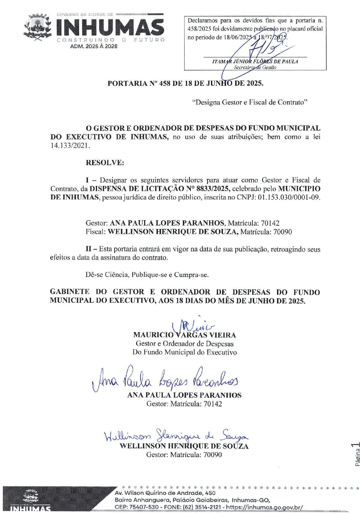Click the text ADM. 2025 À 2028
click(94, 46)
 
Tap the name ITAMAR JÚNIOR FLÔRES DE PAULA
click(255, 61)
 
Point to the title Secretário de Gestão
click(255, 67)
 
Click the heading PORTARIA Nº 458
click(185, 83)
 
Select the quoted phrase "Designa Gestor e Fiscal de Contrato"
click(250, 102)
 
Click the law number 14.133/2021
click(70, 146)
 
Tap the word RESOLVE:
click(105, 163)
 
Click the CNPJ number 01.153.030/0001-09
click(289, 197)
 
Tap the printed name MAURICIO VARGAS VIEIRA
click(185, 335)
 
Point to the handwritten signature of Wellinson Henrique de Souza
click(176, 436)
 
